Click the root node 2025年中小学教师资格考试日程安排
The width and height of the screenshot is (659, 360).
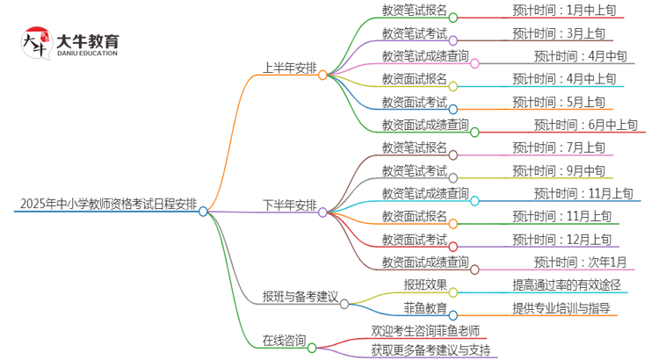tap(104, 205)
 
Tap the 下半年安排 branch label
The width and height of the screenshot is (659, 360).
tap(286, 205)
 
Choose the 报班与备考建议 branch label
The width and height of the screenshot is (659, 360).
tap(300, 297)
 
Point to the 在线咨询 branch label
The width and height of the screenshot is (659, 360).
tap(283, 340)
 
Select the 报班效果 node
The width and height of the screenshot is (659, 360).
tap(425, 284)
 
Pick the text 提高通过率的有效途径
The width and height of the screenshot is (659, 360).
tap(567, 284)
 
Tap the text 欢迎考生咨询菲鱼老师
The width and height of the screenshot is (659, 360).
tap(425, 330)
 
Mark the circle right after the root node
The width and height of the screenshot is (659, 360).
tap(204, 211)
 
